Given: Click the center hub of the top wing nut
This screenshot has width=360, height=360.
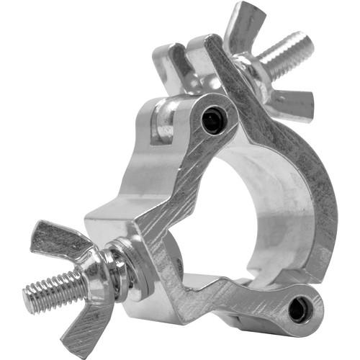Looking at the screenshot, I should coord(253,72).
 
